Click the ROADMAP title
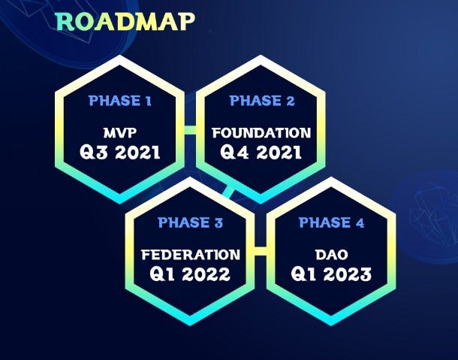125,22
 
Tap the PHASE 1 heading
120,101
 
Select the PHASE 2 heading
262,101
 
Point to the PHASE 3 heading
190,222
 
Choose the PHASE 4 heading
331,222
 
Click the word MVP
120,133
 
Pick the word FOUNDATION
261,133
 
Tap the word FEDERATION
191,255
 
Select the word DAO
332,255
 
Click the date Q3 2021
120,153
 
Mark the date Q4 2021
261,153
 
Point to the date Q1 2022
190,274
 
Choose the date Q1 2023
331,274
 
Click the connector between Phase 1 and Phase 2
191,130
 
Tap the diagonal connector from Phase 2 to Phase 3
228,192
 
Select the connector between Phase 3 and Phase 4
261,251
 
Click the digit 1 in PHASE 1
149,101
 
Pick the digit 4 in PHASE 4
360,223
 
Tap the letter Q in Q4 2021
227,153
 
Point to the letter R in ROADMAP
65,22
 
